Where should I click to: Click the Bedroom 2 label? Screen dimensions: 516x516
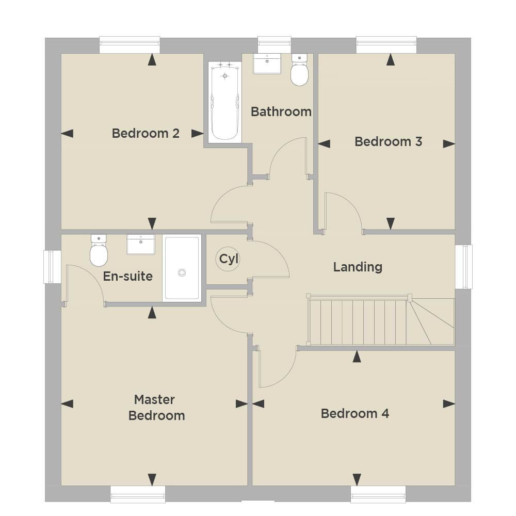146,133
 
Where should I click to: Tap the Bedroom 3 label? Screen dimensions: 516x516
389,141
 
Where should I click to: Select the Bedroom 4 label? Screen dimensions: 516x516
355,414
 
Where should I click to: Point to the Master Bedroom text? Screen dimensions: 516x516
156,408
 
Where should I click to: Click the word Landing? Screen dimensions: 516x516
358,267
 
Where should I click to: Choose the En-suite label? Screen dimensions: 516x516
127,277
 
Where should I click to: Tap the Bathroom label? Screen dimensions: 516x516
281,112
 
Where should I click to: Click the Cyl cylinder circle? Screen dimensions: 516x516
228,259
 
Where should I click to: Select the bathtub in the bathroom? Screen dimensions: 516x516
225,102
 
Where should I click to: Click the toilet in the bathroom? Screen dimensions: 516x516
299,70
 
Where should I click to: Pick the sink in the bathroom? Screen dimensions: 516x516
267,63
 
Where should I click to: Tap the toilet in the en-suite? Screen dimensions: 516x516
99,250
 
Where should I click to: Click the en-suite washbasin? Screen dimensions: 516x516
141,245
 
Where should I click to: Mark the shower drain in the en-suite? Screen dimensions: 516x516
182,272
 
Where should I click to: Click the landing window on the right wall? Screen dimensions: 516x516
464,267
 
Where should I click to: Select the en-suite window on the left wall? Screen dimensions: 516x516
52,267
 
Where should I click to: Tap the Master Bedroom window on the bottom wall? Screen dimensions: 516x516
138,494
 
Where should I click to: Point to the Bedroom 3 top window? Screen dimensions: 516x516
386,45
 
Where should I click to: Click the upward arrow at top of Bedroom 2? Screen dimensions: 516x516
152,59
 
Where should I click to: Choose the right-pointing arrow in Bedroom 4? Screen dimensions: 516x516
449,404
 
